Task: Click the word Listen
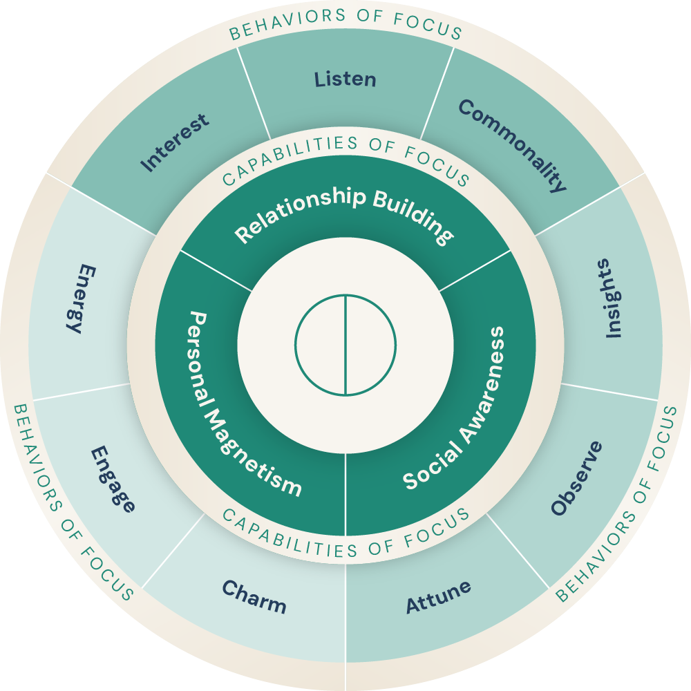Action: [x=345, y=79]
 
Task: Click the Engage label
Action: [x=113, y=479]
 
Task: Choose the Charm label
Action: [x=254, y=597]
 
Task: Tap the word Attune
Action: [x=438, y=596]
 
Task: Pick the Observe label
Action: [x=577, y=477]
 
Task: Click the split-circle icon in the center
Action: [x=345, y=345]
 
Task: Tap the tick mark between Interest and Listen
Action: [x=267, y=129]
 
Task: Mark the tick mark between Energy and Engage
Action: [x=118, y=384]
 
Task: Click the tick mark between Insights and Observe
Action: [x=571, y=384]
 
